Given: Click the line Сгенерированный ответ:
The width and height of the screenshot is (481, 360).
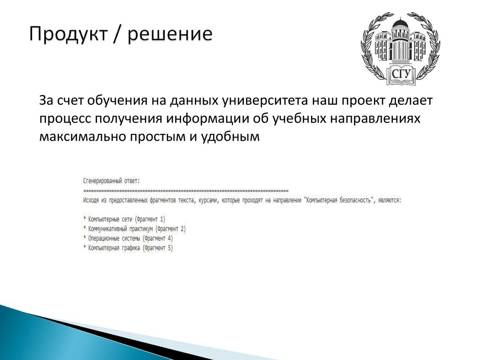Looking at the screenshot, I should coord(111,181).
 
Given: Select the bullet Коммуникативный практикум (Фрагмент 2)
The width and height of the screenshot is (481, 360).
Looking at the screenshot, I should coord(134,229).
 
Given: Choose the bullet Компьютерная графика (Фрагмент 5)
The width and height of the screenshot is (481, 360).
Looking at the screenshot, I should coord(128,248).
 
